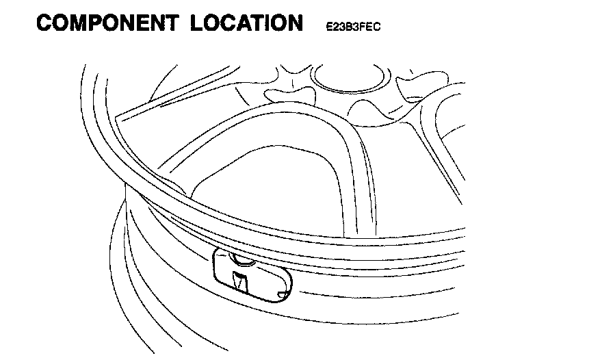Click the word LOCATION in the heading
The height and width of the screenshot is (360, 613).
[x=246, y=23]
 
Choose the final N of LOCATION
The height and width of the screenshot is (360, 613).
[x=293, y=23]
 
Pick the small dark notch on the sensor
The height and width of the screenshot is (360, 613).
[x=239, y=281]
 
